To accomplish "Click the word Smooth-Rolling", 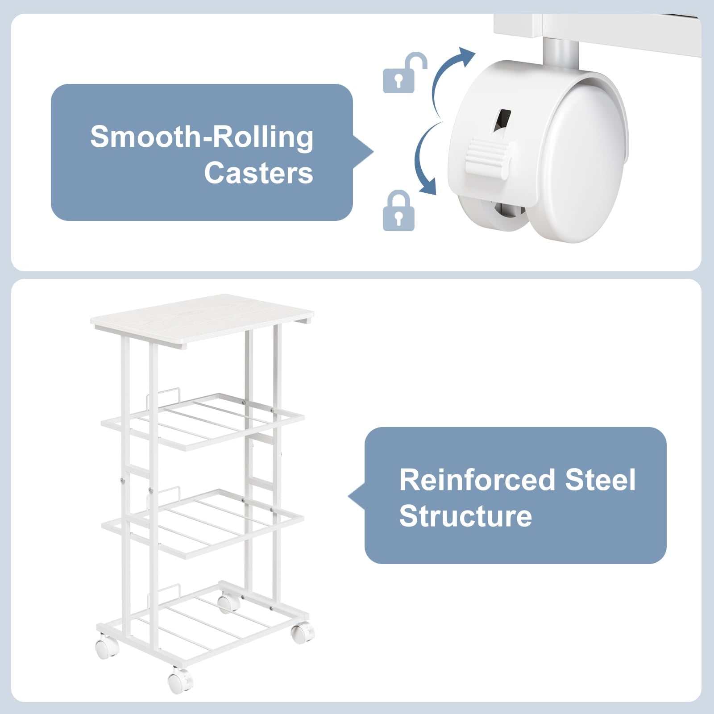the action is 202,137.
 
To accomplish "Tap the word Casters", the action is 259,173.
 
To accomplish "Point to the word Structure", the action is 465,516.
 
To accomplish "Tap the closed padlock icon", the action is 399,211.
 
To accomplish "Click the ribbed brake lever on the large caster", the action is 489,159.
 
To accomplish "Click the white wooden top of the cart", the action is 201,321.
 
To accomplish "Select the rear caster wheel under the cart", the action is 228,603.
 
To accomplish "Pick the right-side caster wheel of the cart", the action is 302,632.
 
